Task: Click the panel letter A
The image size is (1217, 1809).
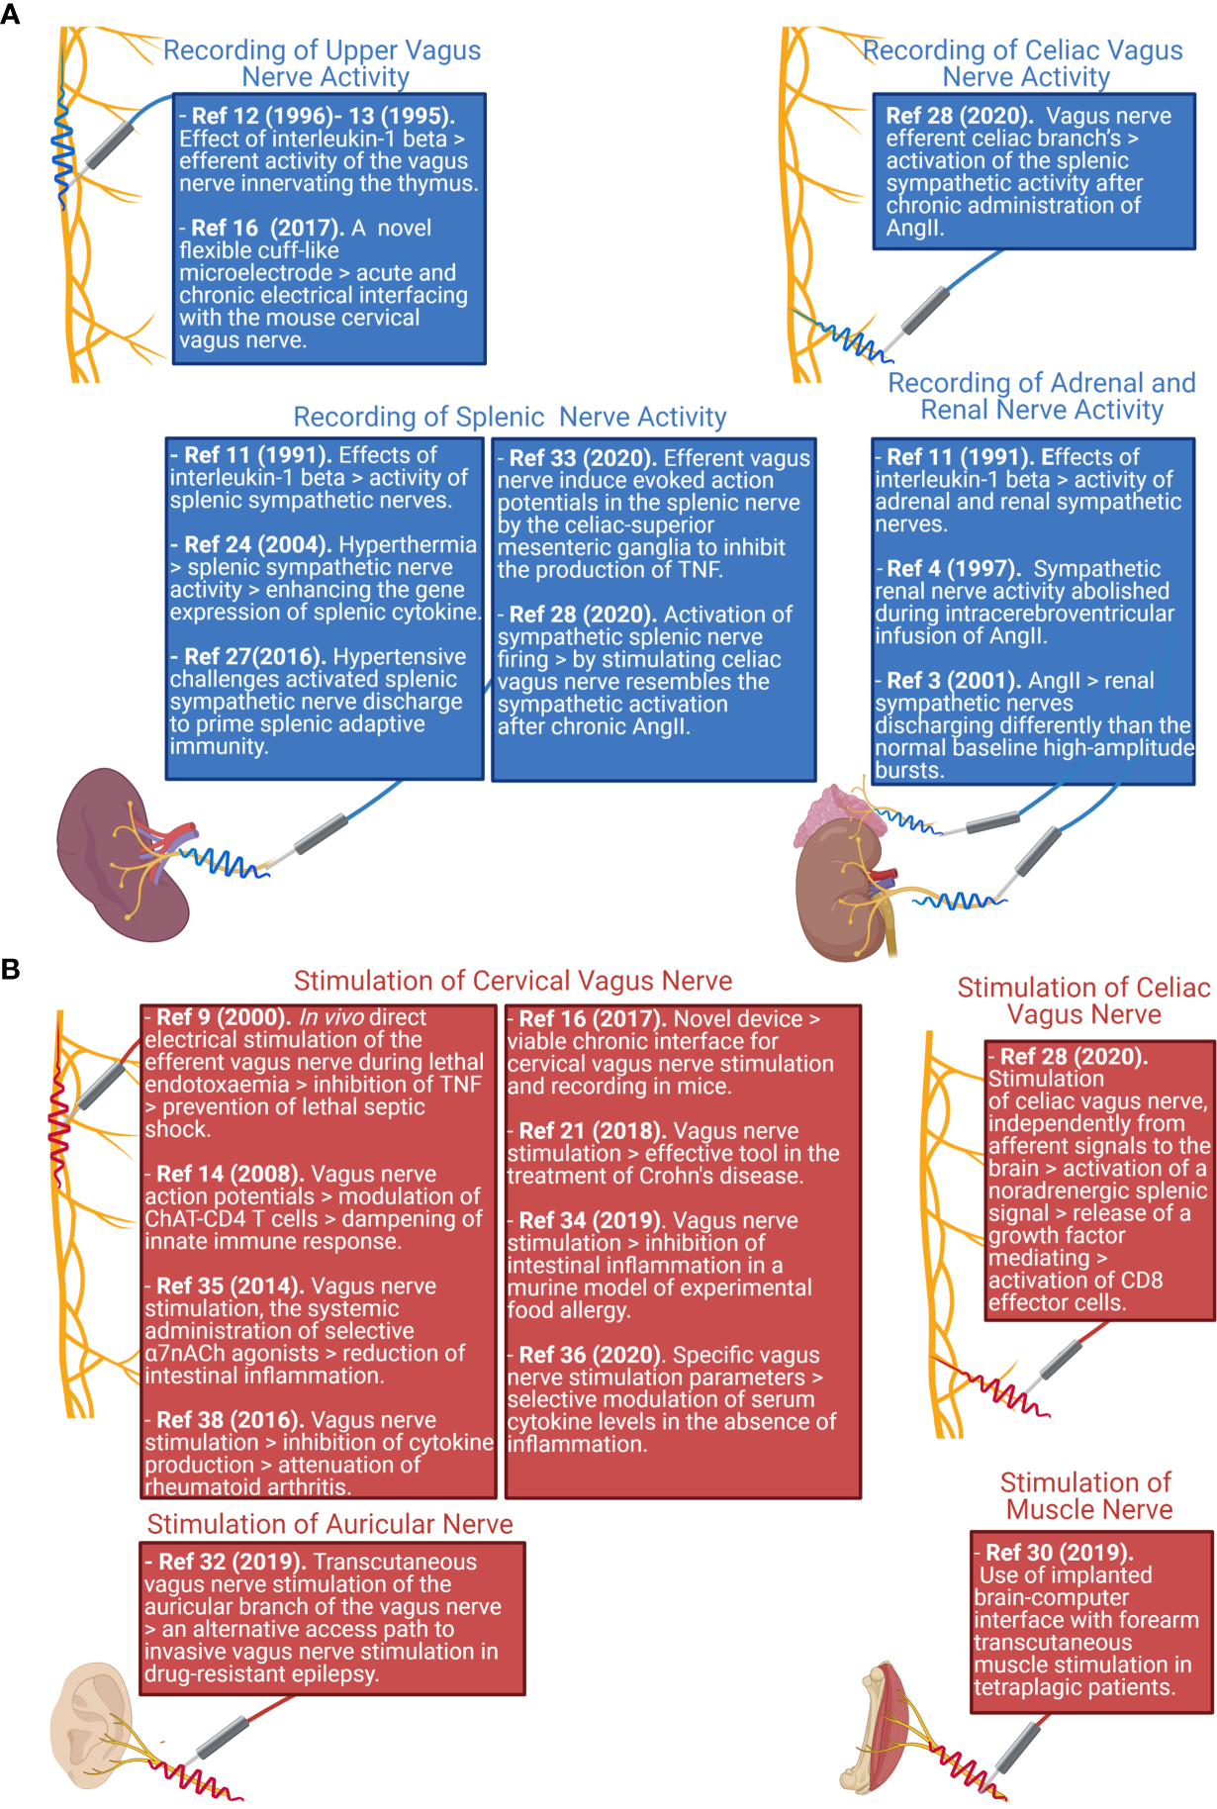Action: coord(10,14)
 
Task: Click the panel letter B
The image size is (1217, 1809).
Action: coord(10,969)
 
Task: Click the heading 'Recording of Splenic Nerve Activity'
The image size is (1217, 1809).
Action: coord(510,417)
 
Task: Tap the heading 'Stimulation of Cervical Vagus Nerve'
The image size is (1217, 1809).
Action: coord(513,981)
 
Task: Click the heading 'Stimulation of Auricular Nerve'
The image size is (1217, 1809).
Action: coord(329,1524)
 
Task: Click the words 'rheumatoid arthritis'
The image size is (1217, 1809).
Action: coord(246,1487)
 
